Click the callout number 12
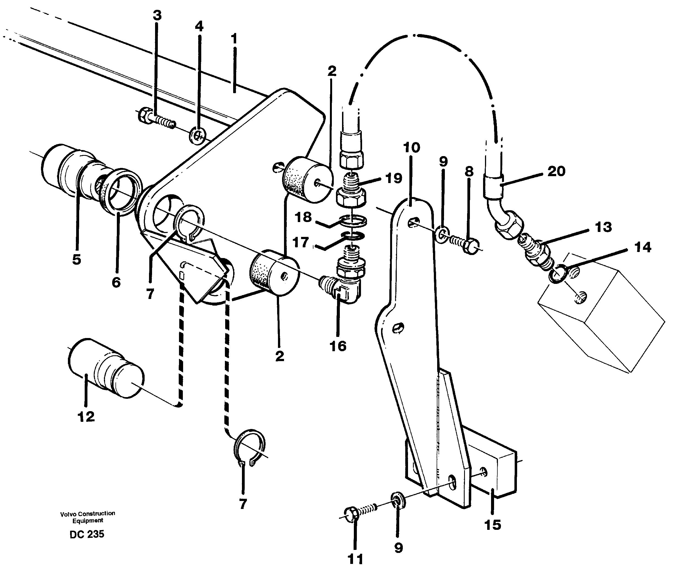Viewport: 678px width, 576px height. point(86,416)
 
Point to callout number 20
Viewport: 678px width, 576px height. point(556,171)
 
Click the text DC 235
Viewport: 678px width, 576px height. point(87,534)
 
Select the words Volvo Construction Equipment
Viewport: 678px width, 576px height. point(88,517)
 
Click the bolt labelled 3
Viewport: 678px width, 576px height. point(155,120)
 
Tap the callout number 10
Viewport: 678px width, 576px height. point(411,148)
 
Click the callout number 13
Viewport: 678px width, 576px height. point(603,227)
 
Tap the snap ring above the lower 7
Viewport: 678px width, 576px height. point(250,446)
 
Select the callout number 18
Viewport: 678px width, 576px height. point(303,217)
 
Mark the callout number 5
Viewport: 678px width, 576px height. point(76,260)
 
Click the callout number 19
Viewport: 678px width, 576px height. point(393,178)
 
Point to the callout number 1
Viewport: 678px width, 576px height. point(234,39)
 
